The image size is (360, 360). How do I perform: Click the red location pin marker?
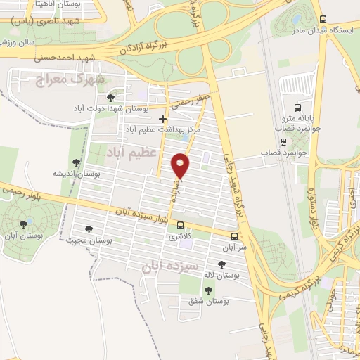point(181,165)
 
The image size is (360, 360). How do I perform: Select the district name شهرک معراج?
point(70,79)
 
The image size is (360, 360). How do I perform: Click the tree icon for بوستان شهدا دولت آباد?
point(110,98)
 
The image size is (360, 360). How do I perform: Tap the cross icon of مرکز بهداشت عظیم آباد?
point(163,119)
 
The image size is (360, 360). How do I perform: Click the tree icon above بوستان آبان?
point(25,224)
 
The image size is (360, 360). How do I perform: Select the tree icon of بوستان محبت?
point(89,229)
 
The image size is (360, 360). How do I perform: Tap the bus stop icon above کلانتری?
point(181,226)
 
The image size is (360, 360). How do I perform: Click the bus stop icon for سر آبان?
point(234,236)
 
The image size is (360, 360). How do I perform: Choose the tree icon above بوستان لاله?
point(222,264)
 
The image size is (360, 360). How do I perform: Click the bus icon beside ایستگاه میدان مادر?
point(322,19)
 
